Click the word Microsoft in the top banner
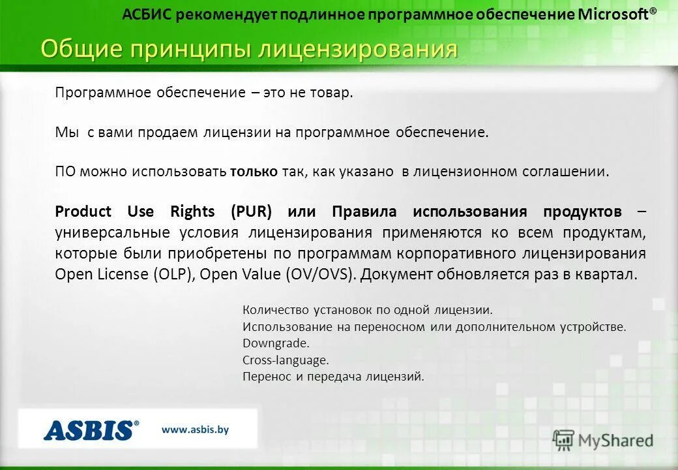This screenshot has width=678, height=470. (x=613, y=15)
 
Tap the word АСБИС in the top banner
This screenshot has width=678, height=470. (x=147, y=15)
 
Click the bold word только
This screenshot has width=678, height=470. (x=254, y=172)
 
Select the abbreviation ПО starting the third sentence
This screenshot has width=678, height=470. (x=65, y=172)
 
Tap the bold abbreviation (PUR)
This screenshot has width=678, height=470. (x=250, y=211)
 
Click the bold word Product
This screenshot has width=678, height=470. (x=83, y=211)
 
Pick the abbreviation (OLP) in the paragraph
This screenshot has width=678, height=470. (x=174, y=274)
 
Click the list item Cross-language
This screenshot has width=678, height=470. (x=286, y=360)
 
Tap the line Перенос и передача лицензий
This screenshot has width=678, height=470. (x=333, y=377)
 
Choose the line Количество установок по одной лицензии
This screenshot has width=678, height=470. (x=367, y=309)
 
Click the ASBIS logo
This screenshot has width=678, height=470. (x=91, y=430)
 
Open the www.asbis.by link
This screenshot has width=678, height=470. (x=195, y=430)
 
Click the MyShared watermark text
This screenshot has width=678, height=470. (x=616, y=441)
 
